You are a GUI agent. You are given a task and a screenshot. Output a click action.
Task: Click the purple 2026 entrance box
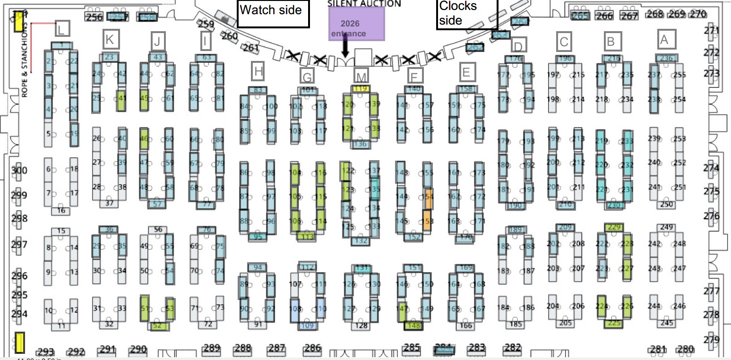point(357,24)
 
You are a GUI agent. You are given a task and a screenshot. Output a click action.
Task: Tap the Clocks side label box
point(466,14)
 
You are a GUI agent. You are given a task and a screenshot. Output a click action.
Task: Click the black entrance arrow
point(345,48)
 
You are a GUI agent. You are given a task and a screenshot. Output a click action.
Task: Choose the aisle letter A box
point(664,40)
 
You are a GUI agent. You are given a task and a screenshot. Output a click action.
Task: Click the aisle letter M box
point(361,76)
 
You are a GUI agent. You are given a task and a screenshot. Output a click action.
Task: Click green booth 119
point(361,88)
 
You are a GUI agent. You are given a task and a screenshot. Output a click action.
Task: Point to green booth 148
point(413,325)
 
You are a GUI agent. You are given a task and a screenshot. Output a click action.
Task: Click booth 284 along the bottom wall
point(444,350)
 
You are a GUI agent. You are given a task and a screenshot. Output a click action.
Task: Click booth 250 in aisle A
point(666,204)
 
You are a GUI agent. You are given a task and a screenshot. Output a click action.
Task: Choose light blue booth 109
point(307,325)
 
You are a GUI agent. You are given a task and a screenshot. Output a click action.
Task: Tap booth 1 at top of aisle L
point(61,45)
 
